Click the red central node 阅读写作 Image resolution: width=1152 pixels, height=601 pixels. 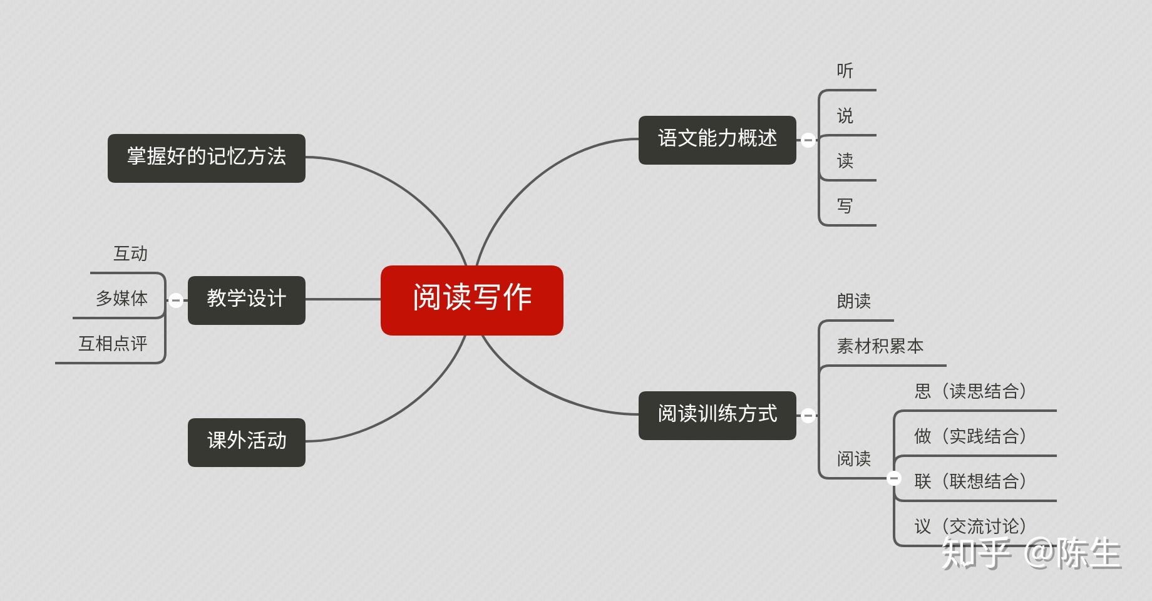[471, 300]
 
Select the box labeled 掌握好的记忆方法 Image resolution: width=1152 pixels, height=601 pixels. [206, 158]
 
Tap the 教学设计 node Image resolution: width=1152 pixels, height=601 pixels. [246, 300]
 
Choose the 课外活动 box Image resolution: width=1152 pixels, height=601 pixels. [246, 442]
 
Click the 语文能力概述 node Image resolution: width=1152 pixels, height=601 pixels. [717, 140]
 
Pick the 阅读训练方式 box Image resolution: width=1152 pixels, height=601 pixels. [717, 415]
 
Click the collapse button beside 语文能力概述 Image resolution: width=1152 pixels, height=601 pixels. [808, 140]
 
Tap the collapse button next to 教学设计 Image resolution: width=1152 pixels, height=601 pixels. [176, 300]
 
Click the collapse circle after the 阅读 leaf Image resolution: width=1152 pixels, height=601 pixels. [894, 478]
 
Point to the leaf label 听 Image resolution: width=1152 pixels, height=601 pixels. [845, 71]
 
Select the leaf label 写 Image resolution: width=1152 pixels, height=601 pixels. [845, 206]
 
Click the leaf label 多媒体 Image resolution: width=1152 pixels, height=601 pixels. [121, 298]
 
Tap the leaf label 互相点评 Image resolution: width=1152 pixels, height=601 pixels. [113, 343]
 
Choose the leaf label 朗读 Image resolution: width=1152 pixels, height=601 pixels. [853, 301]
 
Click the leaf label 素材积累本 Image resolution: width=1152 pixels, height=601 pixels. [880, 346]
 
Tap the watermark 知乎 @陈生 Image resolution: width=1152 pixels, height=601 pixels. [1031, 554]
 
